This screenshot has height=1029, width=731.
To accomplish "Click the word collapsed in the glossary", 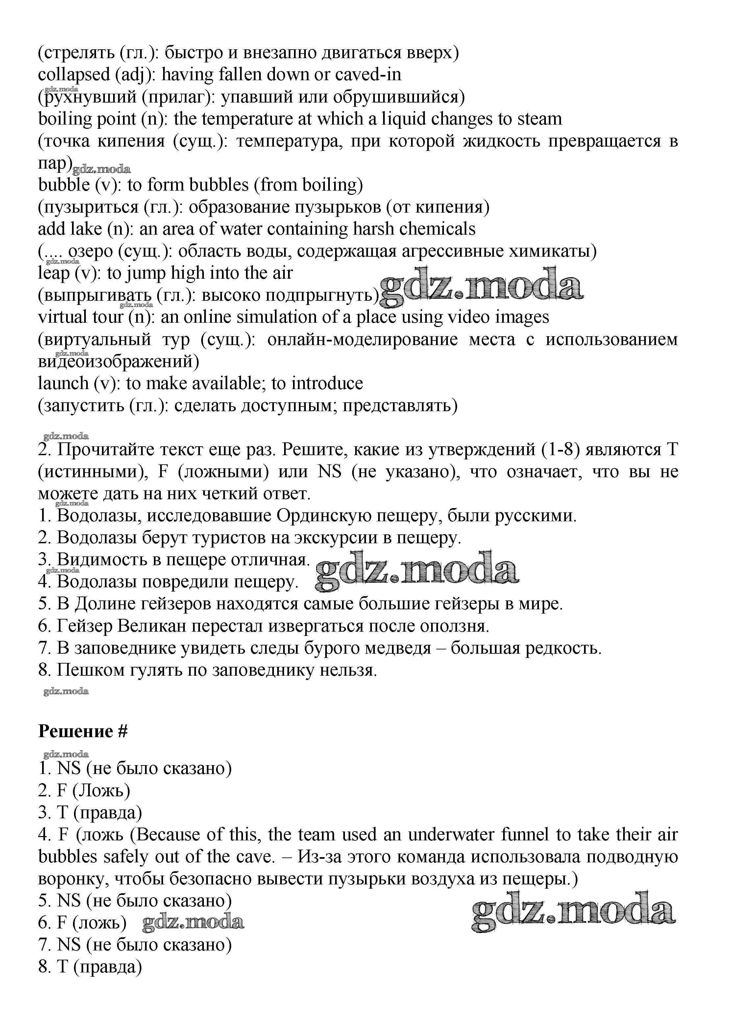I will coord(74,75).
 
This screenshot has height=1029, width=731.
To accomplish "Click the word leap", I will coord(53,273).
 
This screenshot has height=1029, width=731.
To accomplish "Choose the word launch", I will coord(63,383).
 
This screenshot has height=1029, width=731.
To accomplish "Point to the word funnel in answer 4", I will coord(525,835).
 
